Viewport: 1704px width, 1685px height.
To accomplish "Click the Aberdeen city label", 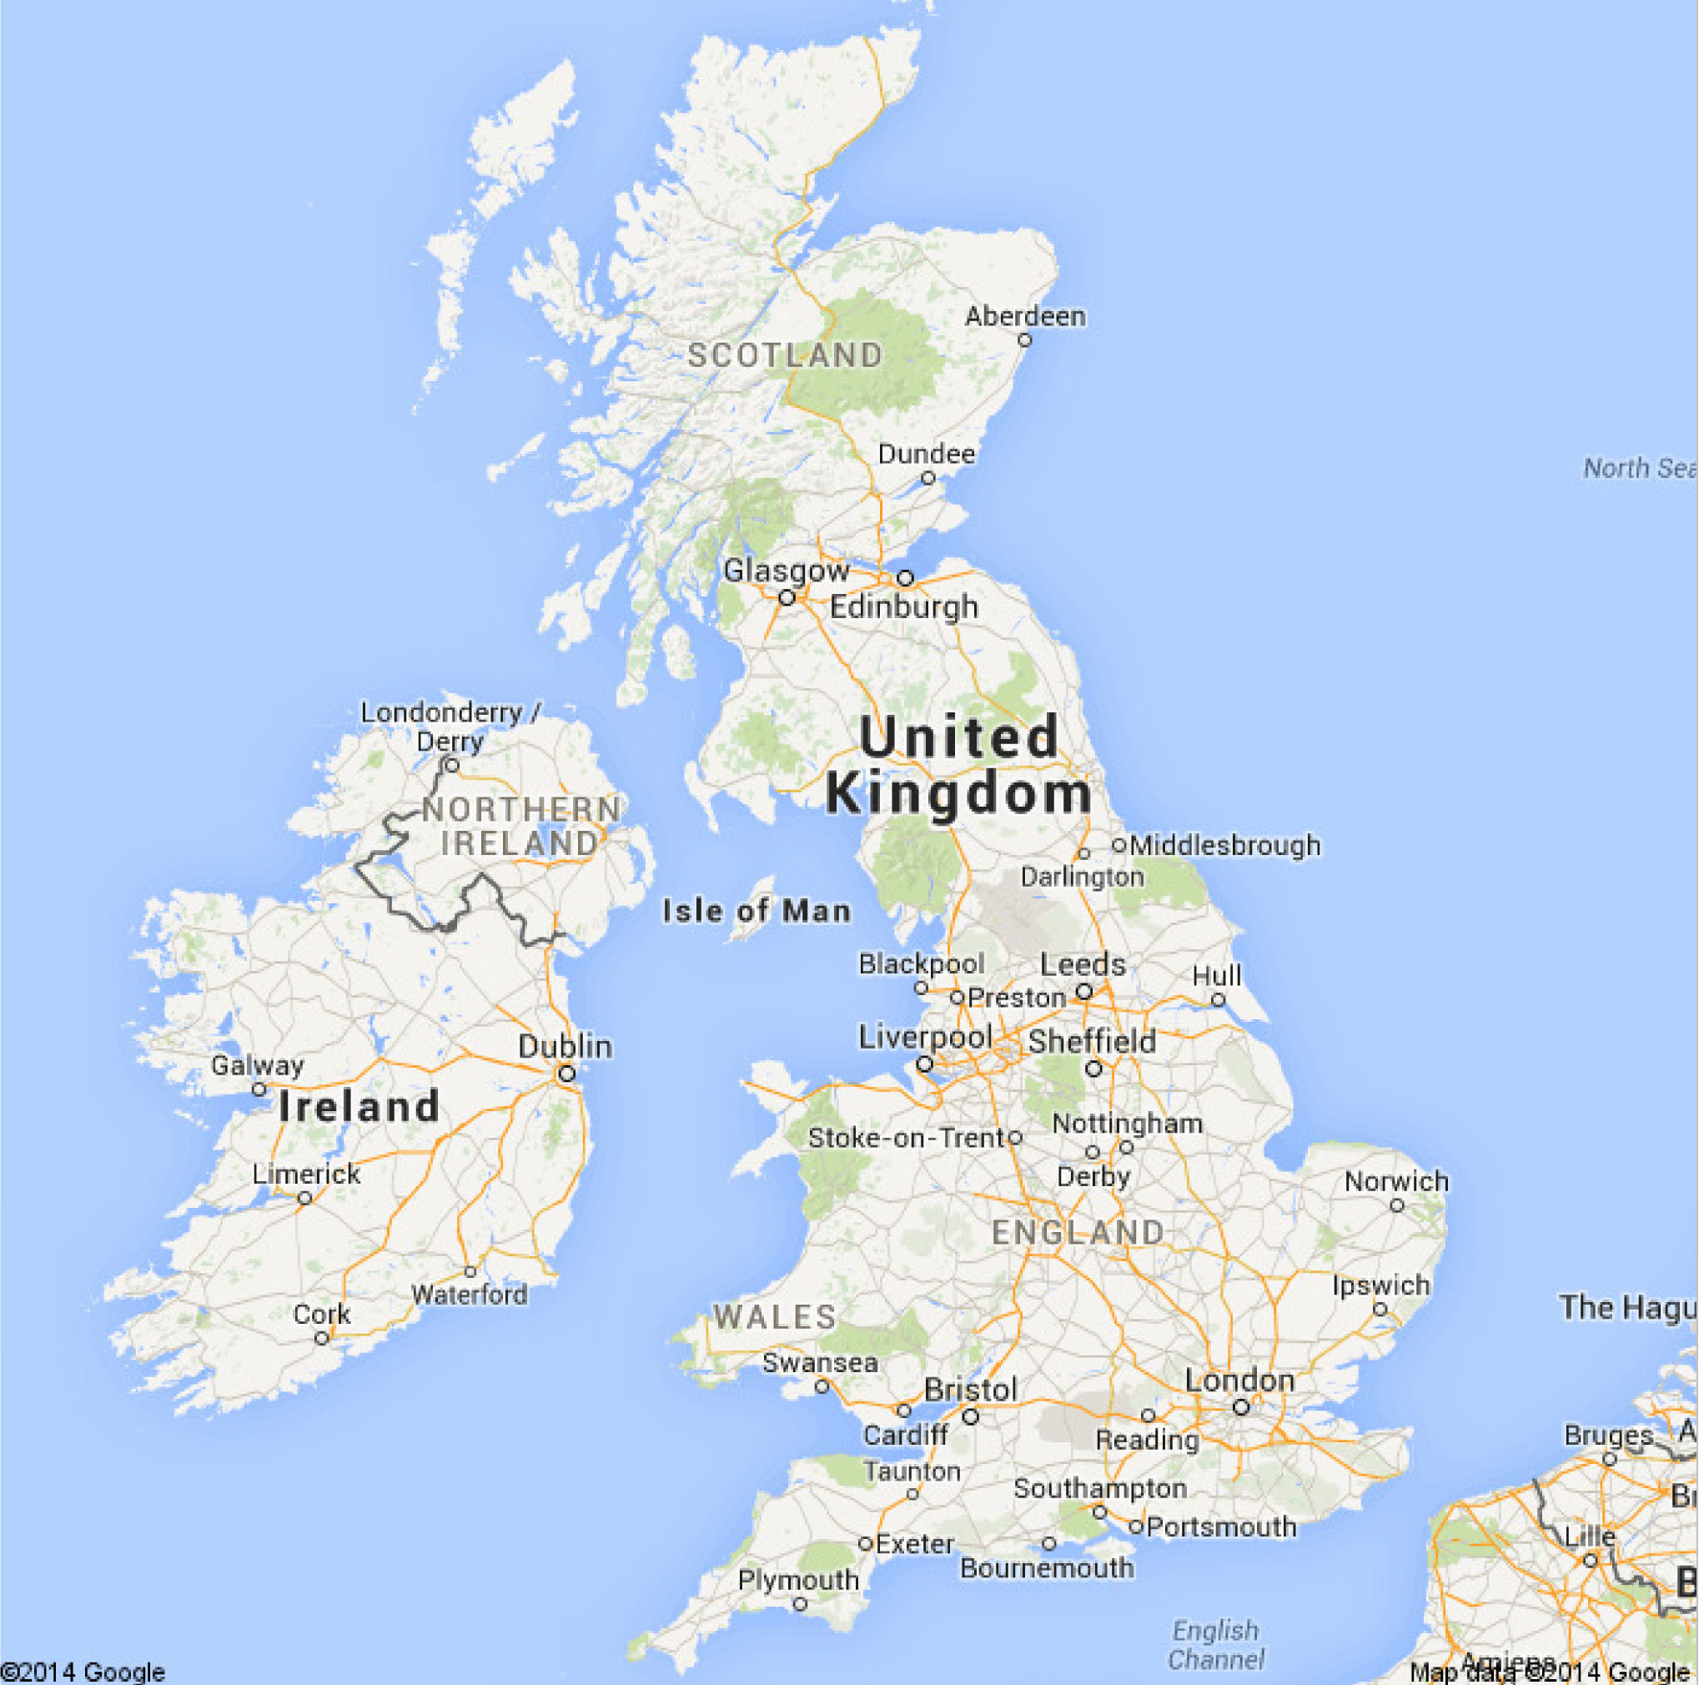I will (x=1025, y=316).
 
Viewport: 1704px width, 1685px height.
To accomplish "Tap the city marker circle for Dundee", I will (x=927, y=478).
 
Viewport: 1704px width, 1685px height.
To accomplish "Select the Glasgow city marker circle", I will (x=787, y=598).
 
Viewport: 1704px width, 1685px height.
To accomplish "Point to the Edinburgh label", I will (x=904, y=607).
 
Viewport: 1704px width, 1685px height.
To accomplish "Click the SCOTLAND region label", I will (x=785, y=355).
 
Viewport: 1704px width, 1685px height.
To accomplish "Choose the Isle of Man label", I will (x=756, y=910).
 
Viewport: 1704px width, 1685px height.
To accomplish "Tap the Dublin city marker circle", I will (x=566, y=1074).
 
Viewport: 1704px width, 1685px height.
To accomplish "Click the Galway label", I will (x=257, y=1066).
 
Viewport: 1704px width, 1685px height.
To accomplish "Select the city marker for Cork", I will (x=322, y=1338).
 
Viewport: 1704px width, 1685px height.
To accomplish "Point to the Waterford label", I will (x=470, y=1295).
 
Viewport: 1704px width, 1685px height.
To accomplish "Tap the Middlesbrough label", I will (x=1225, y=845).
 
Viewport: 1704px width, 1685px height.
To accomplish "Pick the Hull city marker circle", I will (x=1218, y=999).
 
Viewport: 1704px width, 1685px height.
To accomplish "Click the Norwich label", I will (x=1396, y=1181).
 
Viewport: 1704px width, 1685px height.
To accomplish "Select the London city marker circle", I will (x=1241, y=1407).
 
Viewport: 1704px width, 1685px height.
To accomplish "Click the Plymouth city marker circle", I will (x=800, y=1604).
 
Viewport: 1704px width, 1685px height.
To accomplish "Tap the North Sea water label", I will (x=1639, y=468).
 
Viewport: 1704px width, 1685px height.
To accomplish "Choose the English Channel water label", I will (x=1215, y=1644).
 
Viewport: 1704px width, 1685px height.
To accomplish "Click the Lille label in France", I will (x=1590, y=1537).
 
